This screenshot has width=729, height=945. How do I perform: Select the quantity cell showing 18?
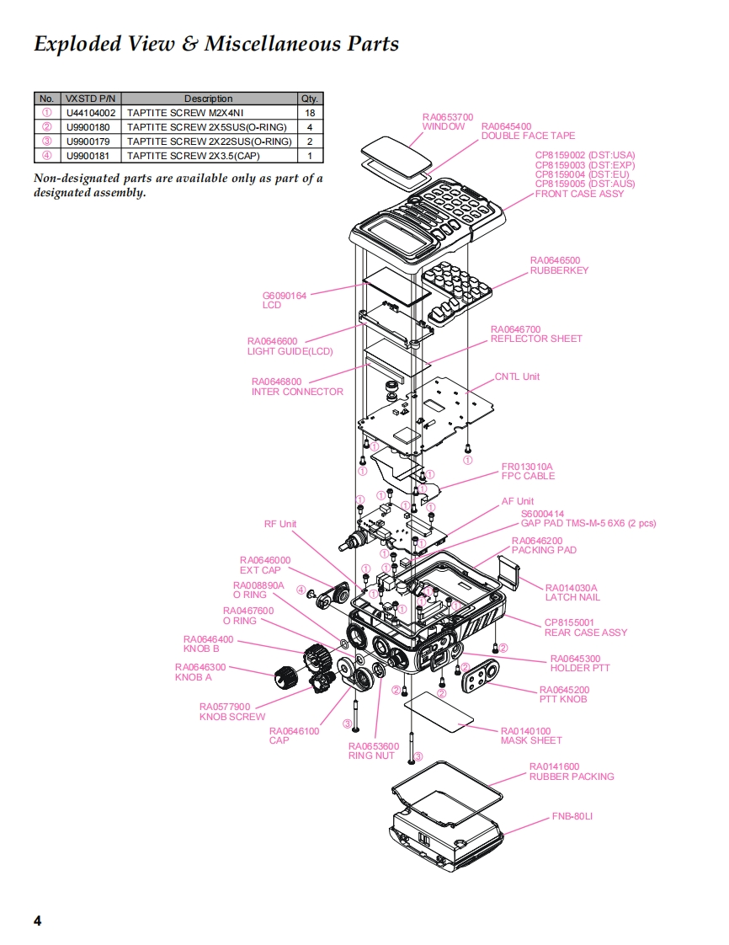point(310,112)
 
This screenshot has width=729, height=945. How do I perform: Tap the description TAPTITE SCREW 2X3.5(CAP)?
point(193,156)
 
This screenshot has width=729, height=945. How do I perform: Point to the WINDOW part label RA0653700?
point(447,117)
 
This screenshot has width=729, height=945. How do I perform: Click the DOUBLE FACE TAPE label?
point(528,136)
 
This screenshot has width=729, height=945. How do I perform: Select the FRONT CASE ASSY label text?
point(580,194)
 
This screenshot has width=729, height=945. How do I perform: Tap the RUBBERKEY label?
point(559,270)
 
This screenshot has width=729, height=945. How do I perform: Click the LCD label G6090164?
point(285,296)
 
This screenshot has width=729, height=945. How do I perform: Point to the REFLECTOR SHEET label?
point(536,339)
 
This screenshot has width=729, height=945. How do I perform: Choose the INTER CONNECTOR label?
point(297,392)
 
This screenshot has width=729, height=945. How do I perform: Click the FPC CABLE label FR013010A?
point(528,467)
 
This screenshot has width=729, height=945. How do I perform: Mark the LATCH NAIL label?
point(572,597)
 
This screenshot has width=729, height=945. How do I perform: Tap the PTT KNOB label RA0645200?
point(564,690)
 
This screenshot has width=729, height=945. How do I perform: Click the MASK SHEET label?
point(531,740)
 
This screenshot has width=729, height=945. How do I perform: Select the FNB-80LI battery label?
point(572,816)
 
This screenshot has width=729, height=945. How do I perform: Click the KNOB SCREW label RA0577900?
point(225,707)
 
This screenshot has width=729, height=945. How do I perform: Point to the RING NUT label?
point(371,755)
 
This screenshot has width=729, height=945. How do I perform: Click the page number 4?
point(37,920)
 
